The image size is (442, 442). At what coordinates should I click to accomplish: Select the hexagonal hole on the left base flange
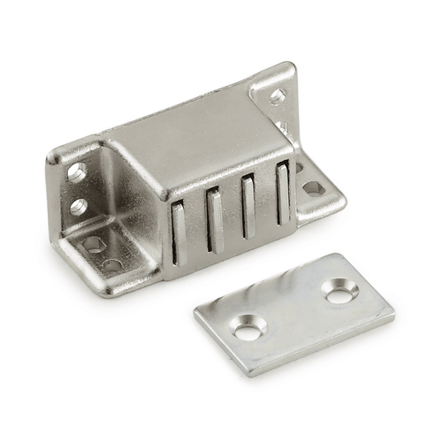coord(91,244)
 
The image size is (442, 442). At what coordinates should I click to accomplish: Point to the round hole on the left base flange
coord(112,264)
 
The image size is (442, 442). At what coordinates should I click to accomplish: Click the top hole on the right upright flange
coord(277,95)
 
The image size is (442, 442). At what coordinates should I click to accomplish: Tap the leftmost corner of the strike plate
coord(196,311)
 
